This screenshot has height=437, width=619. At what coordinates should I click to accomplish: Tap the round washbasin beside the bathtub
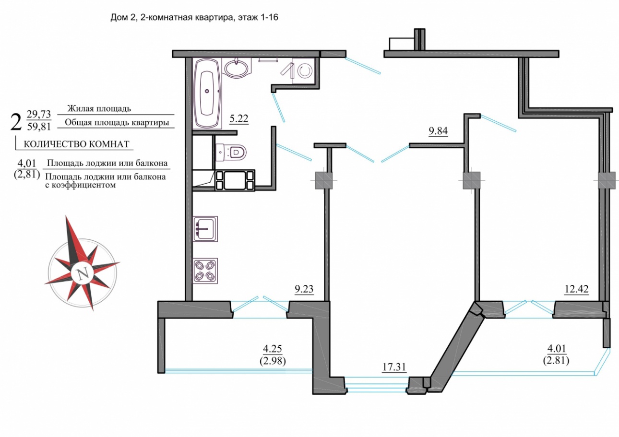click(x=237, y=68)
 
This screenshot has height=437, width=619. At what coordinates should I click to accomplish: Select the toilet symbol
click(x=230, y=152)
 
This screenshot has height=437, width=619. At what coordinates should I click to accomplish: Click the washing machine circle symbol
click(x=305, y=71)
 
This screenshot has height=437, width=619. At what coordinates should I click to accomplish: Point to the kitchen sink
click(x=205, y=229)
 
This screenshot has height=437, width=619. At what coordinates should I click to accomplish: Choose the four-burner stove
click(x=205, y=271)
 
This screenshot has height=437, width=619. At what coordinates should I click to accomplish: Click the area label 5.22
click(x=239, y=119)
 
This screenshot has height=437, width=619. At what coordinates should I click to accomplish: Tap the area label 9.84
click(x=438, y=131)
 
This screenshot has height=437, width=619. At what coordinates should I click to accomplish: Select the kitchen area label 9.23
click(x=304, y=289)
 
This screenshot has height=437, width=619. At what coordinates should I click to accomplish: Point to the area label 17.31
click(x=394, y=367)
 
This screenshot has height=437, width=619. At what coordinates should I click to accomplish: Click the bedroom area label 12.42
click(x=576, y=289)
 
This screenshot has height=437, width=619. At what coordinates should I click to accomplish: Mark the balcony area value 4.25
click(x=273, y=349)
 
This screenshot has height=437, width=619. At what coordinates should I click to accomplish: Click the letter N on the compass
click(x=82, y=274)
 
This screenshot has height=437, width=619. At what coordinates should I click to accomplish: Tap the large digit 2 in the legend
click(x=16, y=122)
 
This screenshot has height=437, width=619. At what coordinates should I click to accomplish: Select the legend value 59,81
click(x=39, y=127)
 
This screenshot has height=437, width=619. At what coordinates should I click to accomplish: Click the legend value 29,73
click(x=39, y=114)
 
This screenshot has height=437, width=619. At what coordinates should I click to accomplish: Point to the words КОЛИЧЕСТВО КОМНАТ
click(x=77, y=144)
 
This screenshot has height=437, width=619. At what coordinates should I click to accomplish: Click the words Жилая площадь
click(x=99, y=109)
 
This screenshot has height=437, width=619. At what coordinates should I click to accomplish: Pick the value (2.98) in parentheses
click(x=273, y=361)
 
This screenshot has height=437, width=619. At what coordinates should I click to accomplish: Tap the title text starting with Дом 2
click(x=194, y=17)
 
